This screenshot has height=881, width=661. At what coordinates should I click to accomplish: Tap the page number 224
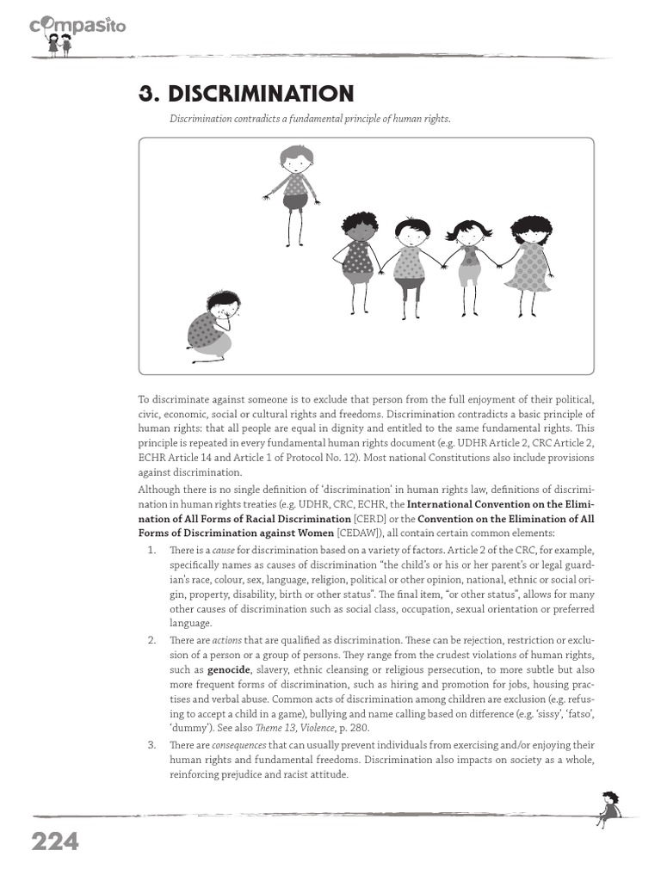[55, 841]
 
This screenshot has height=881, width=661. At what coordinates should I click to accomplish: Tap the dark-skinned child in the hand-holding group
[358, 259]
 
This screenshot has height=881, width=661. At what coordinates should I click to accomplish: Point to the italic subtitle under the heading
[309, 118]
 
